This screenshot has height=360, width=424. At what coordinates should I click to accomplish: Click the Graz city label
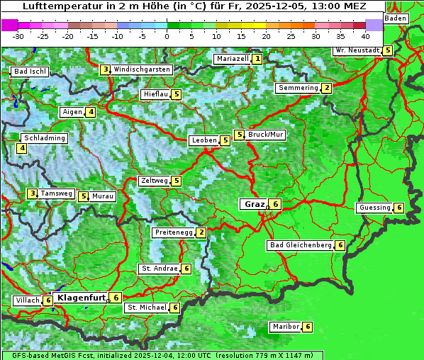click(253, 204)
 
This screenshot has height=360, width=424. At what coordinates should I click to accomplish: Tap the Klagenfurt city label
click(81, 298)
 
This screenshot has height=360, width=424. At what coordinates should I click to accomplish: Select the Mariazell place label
click(232, 59)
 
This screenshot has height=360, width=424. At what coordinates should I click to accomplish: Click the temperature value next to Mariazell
click(257, 59)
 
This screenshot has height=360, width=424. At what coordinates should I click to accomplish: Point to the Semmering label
click(298, 88)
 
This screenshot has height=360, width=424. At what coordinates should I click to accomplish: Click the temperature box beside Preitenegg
click(201, 232)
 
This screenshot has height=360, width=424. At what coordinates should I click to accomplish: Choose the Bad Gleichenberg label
click(301, 245)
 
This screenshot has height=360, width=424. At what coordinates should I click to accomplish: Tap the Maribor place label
click(285, 327)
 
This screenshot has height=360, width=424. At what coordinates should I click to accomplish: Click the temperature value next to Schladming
click(22, 148)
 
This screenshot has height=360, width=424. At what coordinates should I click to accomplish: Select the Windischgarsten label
click(142, 69)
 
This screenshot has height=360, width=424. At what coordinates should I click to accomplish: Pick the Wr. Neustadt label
click(357, 50)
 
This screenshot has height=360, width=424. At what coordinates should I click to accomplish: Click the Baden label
click(396, 18)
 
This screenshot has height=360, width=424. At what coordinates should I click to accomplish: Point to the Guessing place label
click(374, 208)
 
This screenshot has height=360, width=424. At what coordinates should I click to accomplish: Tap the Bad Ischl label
click(30, 72)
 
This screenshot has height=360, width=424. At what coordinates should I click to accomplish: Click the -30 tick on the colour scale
click(18, 35)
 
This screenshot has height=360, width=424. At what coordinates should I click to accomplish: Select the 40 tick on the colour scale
click(365, 35)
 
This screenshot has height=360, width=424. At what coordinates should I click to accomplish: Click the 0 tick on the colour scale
click(167, 35)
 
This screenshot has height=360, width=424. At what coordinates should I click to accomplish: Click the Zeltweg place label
click(155, 181)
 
